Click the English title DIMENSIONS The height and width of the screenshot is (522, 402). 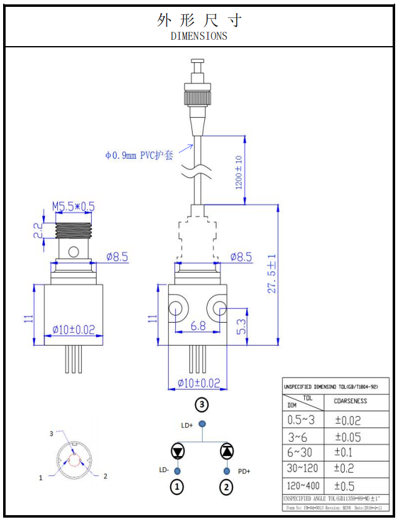click(199, 36)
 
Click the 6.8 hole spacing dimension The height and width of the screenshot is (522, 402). click(198, 325)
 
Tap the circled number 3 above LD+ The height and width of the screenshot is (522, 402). click(201, 404)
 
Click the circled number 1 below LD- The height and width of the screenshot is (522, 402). click(178, 487)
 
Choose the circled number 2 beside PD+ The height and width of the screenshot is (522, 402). click(227, 487)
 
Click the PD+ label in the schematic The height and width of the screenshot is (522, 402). click(244, 472)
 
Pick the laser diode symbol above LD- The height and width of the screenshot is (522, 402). click(178, 450)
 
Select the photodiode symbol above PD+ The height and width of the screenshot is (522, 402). click(227, 450)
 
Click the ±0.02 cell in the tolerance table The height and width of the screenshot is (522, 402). click(347, 420)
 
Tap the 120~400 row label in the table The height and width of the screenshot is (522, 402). click(304, 485)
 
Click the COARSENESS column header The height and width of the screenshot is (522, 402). click(350, 401)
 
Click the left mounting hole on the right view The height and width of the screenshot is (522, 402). click(176, 308)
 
